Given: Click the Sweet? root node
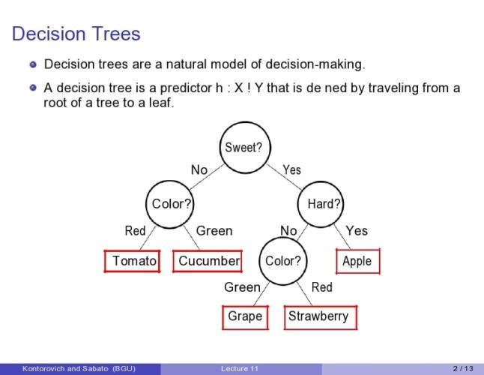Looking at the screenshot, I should click(x=243, y=147).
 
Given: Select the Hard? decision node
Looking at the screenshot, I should click(x=324, y=203).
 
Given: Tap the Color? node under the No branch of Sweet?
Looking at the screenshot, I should click(x=172, y=203).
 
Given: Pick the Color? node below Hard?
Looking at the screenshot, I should click(x=283, y=261).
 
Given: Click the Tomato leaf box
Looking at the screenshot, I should click(x=132, y=261).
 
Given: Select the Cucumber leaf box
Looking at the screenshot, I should click(x=208, y=261).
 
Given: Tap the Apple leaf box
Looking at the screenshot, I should click(x=357, y=261).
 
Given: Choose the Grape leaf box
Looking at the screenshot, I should click(x=245, y=316).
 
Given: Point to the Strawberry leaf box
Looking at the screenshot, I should click(x=318, y=316).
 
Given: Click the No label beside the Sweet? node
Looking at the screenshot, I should click(x=199, y=170).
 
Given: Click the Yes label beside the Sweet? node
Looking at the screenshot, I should click(x=291, y=170).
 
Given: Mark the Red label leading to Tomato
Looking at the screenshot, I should click(x=135, y=231).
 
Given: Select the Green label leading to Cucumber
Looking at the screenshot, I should click(x=214, y=231).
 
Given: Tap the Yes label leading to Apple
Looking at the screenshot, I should click(x=357, y=231).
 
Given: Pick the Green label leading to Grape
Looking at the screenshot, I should click(x=242, y=287).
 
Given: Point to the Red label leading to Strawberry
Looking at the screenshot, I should click(x=321, y=287).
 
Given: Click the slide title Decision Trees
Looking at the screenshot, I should click(x=76, y=34).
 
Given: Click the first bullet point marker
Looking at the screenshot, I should click(x=33, y=64).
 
